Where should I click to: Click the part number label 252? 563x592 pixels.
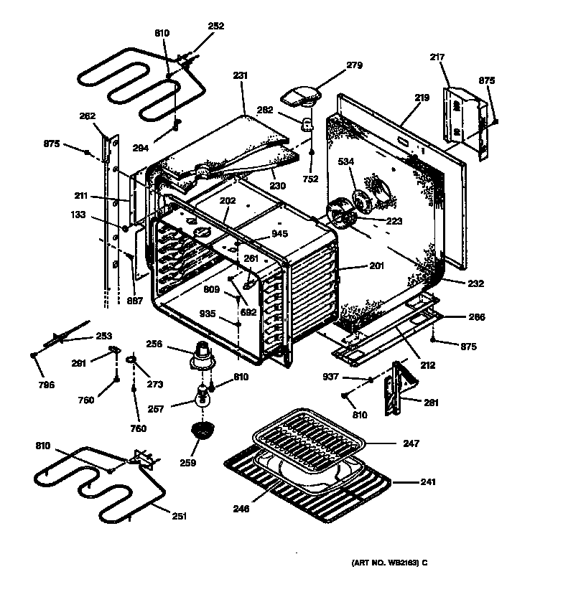point(216,26)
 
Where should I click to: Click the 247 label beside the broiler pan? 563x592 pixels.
point(411,443)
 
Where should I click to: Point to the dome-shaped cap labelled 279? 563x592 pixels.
point(301,93)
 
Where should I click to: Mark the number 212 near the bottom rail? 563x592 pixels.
point(428,365)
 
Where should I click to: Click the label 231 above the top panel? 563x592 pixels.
point(240,74)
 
